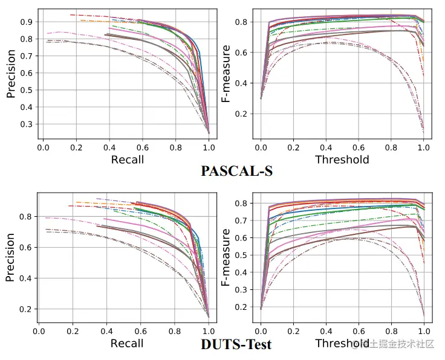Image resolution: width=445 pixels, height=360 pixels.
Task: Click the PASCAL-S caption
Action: [236, 171]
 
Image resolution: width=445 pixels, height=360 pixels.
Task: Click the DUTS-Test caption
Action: [236, 345]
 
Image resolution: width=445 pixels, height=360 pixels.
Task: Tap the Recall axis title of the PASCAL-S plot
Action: [127, 159]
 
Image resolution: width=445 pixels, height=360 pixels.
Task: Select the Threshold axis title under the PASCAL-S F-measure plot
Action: [342, 159]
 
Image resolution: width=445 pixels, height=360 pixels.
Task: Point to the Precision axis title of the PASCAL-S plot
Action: [11, 74]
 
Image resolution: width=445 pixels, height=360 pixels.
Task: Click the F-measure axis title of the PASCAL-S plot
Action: [226, 74]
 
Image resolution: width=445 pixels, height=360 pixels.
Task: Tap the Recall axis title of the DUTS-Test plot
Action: [127, 343]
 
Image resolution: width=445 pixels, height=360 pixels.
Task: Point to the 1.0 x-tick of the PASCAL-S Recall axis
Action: [209, 147]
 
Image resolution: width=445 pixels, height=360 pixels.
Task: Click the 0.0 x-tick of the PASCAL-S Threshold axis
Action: [261, 147]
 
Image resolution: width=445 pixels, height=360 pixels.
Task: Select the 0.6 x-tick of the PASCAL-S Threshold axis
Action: [359, 147]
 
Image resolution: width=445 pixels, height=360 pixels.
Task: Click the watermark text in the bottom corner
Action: [396, 344]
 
